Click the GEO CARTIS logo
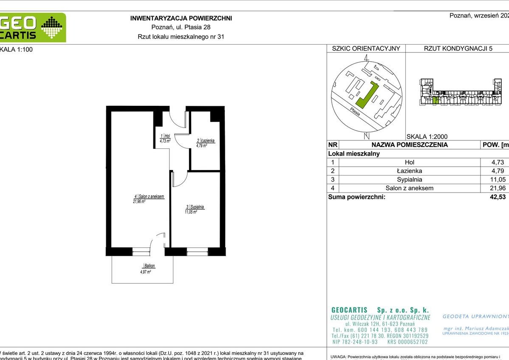tap(33, 28)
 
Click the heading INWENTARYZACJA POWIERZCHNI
tap(181, 18)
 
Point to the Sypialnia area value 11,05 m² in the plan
tap(191, 211)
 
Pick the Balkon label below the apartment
tap(149, 266)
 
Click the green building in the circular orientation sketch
tap(367, 95)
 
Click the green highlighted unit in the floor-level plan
tap(435, 100)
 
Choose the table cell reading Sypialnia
tap(409, 179)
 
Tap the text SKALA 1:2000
tap(427, 136)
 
